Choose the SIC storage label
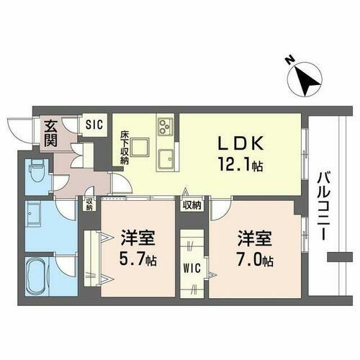click(x=94, y=124)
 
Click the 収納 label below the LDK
click(x=192, y=205)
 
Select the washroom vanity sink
click(x=35, y=214)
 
